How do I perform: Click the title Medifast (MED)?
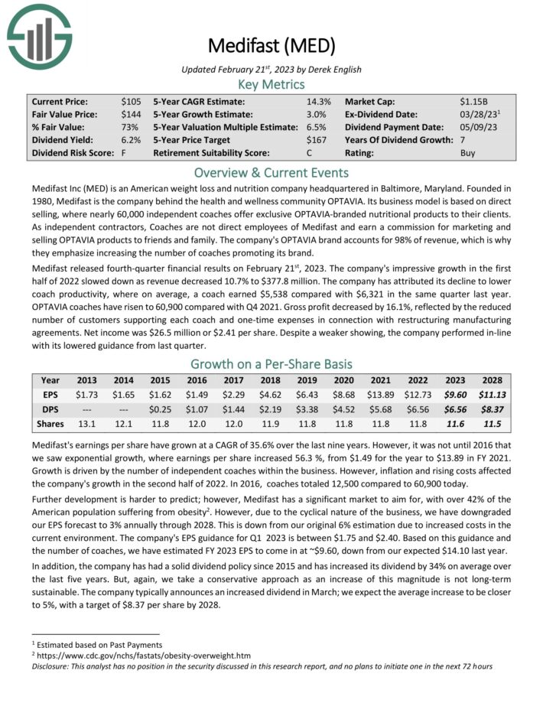(271, 46)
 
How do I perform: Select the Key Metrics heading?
(271, 84)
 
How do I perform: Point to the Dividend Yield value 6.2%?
(131, 140)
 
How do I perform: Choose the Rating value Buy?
(468, 153)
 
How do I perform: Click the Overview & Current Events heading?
(271, 172)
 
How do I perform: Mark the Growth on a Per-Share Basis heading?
(271, 364)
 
